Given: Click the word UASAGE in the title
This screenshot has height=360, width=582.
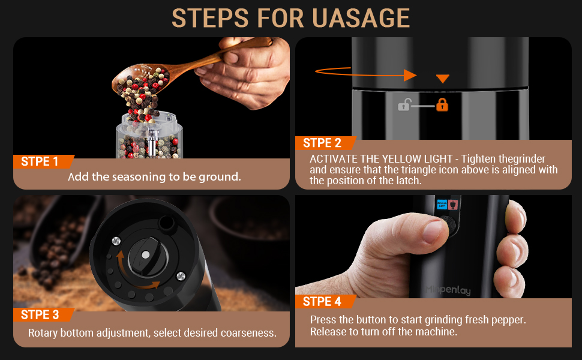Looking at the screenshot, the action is click(x=361, y=18).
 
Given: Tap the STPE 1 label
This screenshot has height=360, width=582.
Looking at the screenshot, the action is click(x=40, y=161).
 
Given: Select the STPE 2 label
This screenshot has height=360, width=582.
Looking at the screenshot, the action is click(x=322, y=143).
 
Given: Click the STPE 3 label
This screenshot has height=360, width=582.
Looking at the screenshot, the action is click(x=40, y=315).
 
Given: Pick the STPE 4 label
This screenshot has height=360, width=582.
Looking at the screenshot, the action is click(x=322, y=301).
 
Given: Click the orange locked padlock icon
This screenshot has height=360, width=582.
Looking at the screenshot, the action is click(x=442, y=104).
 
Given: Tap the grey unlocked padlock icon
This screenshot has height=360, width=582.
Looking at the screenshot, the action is click(x=404, y=105).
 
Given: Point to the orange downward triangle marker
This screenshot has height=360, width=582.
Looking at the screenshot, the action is click(x=443, y=79).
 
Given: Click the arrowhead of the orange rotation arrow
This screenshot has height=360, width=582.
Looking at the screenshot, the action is click(x=410, y=76).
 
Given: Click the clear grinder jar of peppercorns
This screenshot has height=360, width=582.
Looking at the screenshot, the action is click(x=149, y=135).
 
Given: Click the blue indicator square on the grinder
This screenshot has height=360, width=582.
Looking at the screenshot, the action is click(x=442, y=204).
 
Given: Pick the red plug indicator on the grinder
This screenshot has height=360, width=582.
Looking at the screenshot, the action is click(x=453, y=205).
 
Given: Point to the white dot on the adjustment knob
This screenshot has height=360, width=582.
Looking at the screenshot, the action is click(x=146, y=254).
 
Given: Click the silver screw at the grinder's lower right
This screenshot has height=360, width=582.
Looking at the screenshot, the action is click(x=181, y=276).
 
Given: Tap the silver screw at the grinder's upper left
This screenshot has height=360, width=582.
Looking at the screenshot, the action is click(x=116, y=241).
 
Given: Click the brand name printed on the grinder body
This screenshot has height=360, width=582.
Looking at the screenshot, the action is click(x=448, y=289).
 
